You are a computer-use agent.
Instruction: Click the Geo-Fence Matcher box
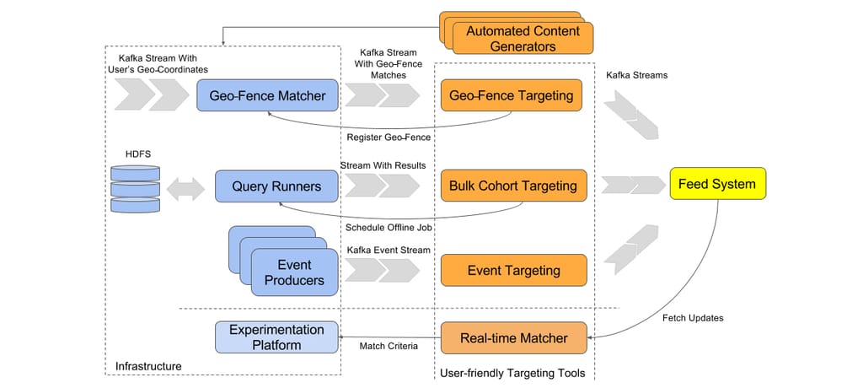tap(267, 95)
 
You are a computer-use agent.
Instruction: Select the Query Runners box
tap(276, 186)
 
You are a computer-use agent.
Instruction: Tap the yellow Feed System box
tap(717, 183)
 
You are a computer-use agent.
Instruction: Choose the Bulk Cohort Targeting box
tap(513, 186)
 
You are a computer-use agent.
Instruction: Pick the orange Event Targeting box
tap(513, 270)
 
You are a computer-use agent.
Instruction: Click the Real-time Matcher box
tap(513, 338)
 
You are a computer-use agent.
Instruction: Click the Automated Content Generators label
tap(523, 39)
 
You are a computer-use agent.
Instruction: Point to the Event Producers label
tap(294, 272)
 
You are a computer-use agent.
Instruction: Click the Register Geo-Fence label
tap(389, 137)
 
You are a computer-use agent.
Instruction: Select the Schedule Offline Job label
tap(389, 227)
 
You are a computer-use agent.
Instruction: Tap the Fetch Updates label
tap(692, 318)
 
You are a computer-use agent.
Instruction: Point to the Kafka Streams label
tap(636, 75)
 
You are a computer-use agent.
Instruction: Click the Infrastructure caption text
tap(148, 366)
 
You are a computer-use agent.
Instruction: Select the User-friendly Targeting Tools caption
tap(512, 372)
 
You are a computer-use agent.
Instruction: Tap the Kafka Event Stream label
tap(389, 250)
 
